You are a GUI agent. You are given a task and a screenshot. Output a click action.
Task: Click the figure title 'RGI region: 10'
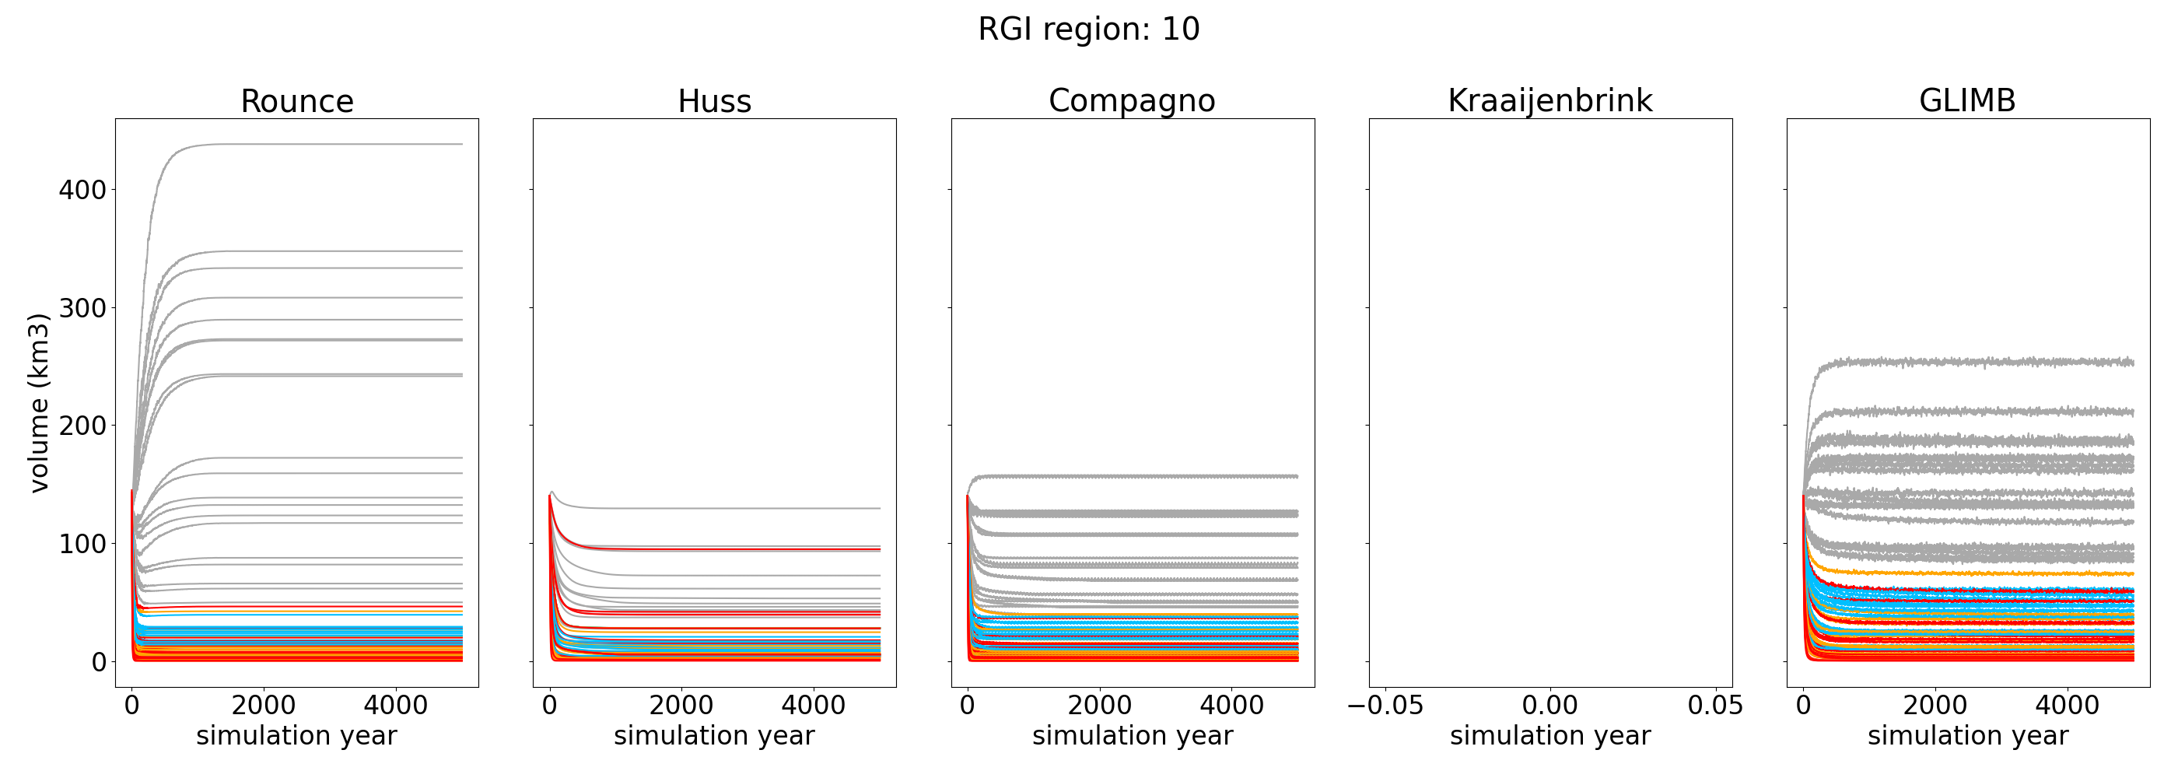1088,30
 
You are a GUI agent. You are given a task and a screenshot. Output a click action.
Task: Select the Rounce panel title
297,101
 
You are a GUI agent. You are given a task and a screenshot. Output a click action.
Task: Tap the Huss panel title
714,101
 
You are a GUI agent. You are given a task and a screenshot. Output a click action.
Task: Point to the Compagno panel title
1132,100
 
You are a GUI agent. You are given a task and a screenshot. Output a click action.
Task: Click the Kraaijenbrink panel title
1549,100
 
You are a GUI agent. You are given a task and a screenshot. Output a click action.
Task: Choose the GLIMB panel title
1967,100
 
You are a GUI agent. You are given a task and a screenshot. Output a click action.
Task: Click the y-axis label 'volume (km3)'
39,402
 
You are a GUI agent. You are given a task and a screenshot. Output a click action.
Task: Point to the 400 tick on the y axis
82,191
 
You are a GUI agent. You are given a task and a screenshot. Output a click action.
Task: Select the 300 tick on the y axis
82,308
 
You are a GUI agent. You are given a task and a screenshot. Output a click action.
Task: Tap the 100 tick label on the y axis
82,544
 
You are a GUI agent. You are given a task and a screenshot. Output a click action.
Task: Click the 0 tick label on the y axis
99,662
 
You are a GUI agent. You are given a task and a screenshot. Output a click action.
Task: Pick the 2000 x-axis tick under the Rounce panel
264,706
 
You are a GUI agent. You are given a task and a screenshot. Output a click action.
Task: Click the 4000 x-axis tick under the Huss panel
814,706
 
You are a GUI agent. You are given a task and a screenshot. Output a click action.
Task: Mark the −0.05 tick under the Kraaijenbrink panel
1385,706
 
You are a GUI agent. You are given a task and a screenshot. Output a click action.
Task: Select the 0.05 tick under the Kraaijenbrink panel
1715,706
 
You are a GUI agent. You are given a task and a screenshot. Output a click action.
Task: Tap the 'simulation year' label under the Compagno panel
1132,736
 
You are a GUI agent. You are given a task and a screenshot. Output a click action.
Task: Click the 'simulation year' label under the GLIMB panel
1967,736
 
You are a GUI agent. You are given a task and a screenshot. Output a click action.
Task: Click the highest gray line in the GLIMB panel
1987,362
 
